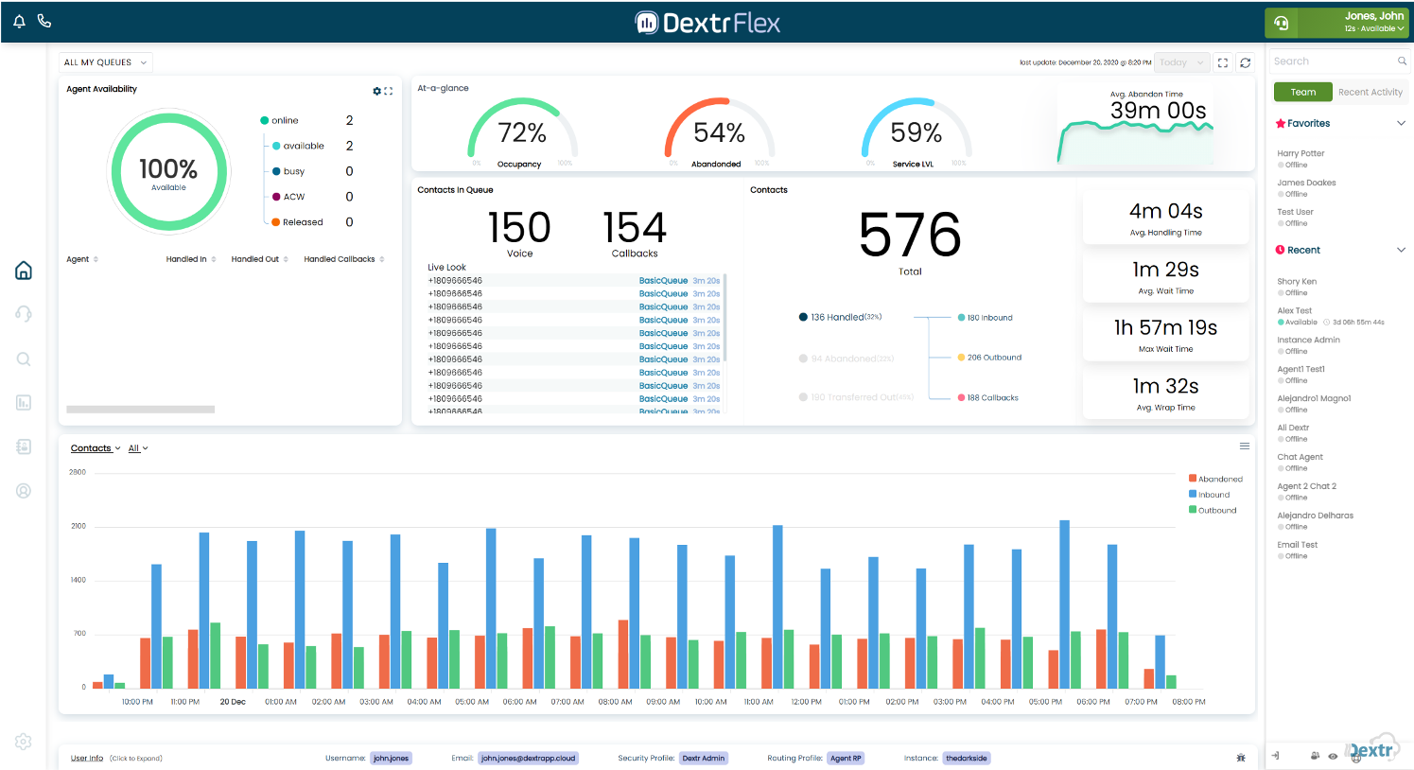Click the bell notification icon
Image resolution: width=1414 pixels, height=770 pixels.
19,21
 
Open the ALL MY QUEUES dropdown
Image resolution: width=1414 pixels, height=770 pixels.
105,62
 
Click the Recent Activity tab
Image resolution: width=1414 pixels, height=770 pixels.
1370,92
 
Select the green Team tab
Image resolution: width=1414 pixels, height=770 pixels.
1302,92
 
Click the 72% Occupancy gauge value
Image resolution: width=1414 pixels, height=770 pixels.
522,133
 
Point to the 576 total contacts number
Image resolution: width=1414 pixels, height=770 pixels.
910,236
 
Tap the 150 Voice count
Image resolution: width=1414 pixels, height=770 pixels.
519,228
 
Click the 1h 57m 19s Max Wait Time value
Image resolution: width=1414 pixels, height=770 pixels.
1165,328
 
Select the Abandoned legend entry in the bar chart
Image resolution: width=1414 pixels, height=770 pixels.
1219,479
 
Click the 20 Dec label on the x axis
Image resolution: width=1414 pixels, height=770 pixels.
233,702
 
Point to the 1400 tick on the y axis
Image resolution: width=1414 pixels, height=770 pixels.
78,580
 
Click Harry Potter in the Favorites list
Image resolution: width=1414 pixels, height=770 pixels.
1301,153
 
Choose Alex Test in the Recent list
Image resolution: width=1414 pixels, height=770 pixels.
1295,310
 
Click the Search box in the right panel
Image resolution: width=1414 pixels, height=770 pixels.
1333,61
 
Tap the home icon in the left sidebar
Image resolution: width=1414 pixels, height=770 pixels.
24,271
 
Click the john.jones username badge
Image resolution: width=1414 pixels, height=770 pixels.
391,758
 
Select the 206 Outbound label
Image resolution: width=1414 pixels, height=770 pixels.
994,358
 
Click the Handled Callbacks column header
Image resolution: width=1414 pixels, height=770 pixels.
340,259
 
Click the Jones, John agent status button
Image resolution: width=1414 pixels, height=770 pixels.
1336,23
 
